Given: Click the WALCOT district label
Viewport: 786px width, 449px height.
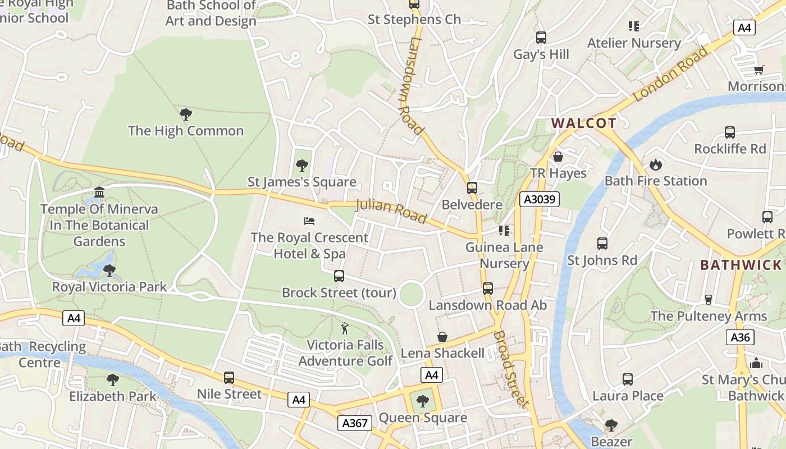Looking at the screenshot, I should [x=583, y=123].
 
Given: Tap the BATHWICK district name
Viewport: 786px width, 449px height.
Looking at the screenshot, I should [x=741, y=265].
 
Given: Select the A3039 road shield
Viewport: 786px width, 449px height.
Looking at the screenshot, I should [x=539, y=199].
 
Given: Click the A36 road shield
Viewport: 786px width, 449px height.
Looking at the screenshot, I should [x=740, y=337].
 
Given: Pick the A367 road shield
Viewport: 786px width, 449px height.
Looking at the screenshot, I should [x=355, y=423].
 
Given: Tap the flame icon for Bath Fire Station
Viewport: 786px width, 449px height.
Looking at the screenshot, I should [x=655, y=164].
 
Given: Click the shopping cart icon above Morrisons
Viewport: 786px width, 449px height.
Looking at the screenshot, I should [x=759, y=70].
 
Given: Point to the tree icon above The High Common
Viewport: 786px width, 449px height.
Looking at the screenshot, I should [x=186, y=114].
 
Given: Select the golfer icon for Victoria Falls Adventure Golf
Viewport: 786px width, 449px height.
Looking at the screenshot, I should [x=345, y=328].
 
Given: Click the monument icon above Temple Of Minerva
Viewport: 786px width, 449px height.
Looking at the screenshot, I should [x=99, y=193].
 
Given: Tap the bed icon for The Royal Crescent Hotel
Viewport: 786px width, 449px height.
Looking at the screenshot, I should [x=309, y=221].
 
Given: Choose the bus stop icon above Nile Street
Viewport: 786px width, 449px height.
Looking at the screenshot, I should [x=229, y=377].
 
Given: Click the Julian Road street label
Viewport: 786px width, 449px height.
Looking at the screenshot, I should [x=391, y=210].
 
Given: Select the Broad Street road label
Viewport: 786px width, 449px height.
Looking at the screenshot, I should [x=511, y=369].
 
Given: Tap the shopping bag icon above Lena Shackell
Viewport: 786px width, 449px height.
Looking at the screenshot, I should [x=442, y=337].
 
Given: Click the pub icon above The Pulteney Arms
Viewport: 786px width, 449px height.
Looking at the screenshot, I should [x=708, y=299].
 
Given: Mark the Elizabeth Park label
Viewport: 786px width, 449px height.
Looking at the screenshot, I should [x=113, y=396].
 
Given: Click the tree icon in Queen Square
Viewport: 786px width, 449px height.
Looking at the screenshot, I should [x=422, y=401].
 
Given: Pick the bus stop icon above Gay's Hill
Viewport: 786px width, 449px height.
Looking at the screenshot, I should [x=541, y=38].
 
